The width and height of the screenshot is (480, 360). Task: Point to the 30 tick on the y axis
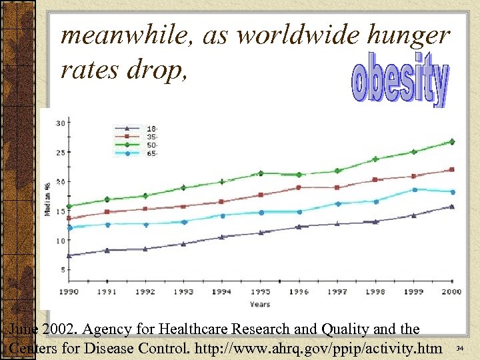(60, 123)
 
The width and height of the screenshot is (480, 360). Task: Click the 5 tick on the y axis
(62, 269)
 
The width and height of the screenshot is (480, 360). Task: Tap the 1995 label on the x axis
(261, 292)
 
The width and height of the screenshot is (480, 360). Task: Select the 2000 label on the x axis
(452, 292)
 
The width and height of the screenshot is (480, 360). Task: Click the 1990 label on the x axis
(69, 292)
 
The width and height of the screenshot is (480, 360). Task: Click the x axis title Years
(260, 304)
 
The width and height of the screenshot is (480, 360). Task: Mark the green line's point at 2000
(452, 141)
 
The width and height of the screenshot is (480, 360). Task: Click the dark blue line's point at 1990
(69, 255)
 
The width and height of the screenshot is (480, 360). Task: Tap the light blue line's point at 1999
(414, 189)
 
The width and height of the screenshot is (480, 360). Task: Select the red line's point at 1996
(299, 187)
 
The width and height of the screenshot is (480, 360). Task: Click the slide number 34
(460, 348)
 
